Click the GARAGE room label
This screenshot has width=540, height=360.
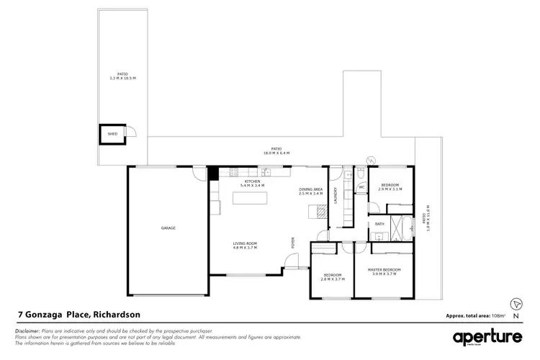coord(168,228)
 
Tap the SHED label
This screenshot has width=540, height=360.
coord(112,134)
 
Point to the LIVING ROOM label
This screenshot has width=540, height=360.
coord(245,243)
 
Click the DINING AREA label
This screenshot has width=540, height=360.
coord(311,189)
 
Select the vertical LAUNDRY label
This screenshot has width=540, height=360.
coord(336,196)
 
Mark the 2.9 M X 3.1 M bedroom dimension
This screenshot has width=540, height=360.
coord(391,189)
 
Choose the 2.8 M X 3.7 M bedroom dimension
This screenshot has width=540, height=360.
coord(332,279)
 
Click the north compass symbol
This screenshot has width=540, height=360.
coord(515,304)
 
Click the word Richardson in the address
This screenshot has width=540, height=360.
coord(117,315)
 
